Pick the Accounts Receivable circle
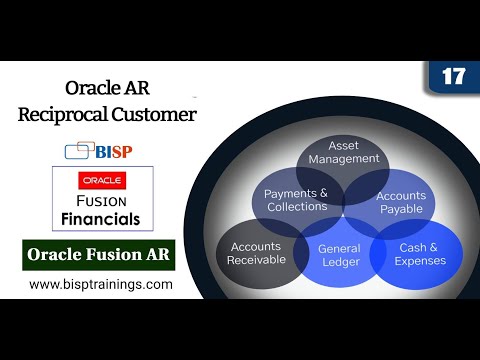(x=256, y=252)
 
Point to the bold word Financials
(x=103, y=217)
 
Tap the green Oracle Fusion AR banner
(x=99, y=255)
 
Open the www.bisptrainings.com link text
(x=100, y=284)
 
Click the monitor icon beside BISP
(x=78, y=151)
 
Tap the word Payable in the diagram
(x=402, y=210)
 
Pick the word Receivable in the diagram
(x=257, y=259)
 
